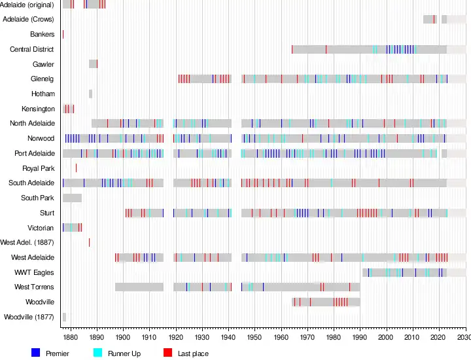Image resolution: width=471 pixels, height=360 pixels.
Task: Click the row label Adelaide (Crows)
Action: point(29,19)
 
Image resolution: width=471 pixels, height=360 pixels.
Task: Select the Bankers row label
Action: point(42,34)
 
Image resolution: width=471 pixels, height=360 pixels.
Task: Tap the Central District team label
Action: point(32,49)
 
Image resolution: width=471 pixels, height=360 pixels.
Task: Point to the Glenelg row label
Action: point(43,79)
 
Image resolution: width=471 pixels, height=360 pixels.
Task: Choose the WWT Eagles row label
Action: point(35,272)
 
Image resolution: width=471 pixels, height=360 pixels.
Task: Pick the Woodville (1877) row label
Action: point(29,317)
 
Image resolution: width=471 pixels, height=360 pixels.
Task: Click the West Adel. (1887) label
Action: point(27,242)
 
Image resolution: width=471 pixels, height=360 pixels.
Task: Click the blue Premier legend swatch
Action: point(36,353)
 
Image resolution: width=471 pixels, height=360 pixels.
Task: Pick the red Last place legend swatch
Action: point(167,353)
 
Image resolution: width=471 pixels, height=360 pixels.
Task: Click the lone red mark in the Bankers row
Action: point(63,34)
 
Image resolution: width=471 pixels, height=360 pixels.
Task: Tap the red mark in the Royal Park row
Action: point(76,168)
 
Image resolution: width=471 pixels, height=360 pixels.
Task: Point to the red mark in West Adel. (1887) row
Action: point(89,242)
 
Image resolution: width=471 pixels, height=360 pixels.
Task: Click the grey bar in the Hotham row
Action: point(90,94)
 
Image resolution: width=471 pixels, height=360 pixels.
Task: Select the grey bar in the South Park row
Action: point(72,198)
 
